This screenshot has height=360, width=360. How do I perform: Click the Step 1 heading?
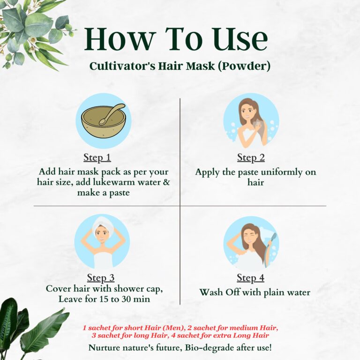97,157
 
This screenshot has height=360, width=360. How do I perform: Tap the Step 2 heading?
250,157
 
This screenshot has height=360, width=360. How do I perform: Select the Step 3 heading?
100,278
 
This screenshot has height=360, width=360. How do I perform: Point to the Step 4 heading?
250,278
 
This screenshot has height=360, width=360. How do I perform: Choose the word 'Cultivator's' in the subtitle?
119,67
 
